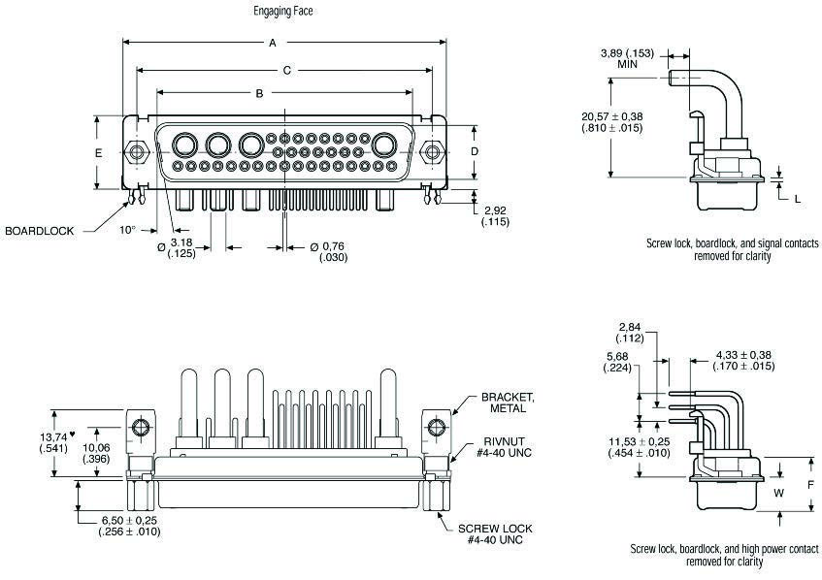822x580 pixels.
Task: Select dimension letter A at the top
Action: click(273, 43)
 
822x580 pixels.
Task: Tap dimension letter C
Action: click(287, 70)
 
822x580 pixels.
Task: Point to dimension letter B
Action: click(259, 93)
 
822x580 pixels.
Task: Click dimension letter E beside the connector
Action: click(98, 154)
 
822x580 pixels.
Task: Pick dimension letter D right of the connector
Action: click(474, 152)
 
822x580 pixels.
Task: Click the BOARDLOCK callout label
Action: click(40, 231)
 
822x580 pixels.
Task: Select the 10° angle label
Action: click(127, 231)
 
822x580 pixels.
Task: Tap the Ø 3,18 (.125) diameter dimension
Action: click(177, 247)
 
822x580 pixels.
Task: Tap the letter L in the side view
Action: click(797, 198)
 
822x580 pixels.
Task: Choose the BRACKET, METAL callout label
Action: click(508, 403)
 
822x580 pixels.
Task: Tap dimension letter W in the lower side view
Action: click(777, 492)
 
